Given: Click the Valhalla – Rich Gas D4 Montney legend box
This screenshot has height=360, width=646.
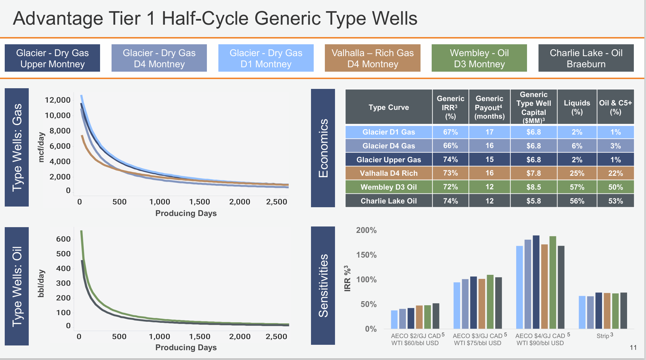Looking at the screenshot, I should coord(373,58).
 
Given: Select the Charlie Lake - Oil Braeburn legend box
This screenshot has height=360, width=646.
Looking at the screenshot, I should coord(586,58).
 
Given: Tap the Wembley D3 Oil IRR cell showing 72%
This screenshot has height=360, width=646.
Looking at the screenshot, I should coord(450,187).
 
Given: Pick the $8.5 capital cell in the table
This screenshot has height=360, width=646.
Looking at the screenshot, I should coord(533,187).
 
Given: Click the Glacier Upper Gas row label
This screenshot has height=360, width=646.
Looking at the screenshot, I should coord(388,160).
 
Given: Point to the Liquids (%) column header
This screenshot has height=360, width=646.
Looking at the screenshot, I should coord(577,107).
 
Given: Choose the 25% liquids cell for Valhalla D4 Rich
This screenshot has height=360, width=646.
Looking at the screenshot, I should coord(577,173).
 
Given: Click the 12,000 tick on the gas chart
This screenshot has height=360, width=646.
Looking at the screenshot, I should coord(57,100).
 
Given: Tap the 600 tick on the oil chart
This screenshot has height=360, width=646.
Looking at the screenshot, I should coord(63,239).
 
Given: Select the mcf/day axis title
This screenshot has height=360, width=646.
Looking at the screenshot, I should coord(41,147).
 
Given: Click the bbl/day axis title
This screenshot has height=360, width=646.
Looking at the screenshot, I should coord(41,283).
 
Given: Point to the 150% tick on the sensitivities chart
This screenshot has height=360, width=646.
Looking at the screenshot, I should coord(366,255).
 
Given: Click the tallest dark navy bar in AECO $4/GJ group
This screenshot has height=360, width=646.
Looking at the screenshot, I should coord(536,282).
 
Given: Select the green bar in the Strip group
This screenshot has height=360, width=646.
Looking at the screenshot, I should coord(615,311).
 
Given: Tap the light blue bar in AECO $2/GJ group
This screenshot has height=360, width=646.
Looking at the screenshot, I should coord(394,319).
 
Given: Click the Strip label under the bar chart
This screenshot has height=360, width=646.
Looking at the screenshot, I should coord(603,336).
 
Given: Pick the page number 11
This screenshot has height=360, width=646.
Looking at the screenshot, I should coord(633,347).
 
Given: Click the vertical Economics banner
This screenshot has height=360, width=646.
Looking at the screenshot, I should coord(323,148).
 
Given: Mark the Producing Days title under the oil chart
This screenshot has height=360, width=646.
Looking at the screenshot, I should coord(186,347).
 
